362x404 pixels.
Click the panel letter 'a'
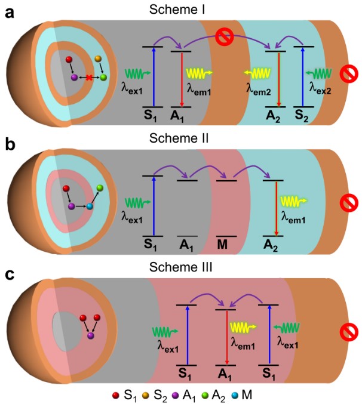click(10, 13)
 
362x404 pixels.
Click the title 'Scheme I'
click(181, 7)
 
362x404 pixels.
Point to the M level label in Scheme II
click(226, 245)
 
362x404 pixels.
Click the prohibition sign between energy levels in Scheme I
click(225, 37)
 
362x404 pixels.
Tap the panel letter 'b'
click(10, 143)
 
